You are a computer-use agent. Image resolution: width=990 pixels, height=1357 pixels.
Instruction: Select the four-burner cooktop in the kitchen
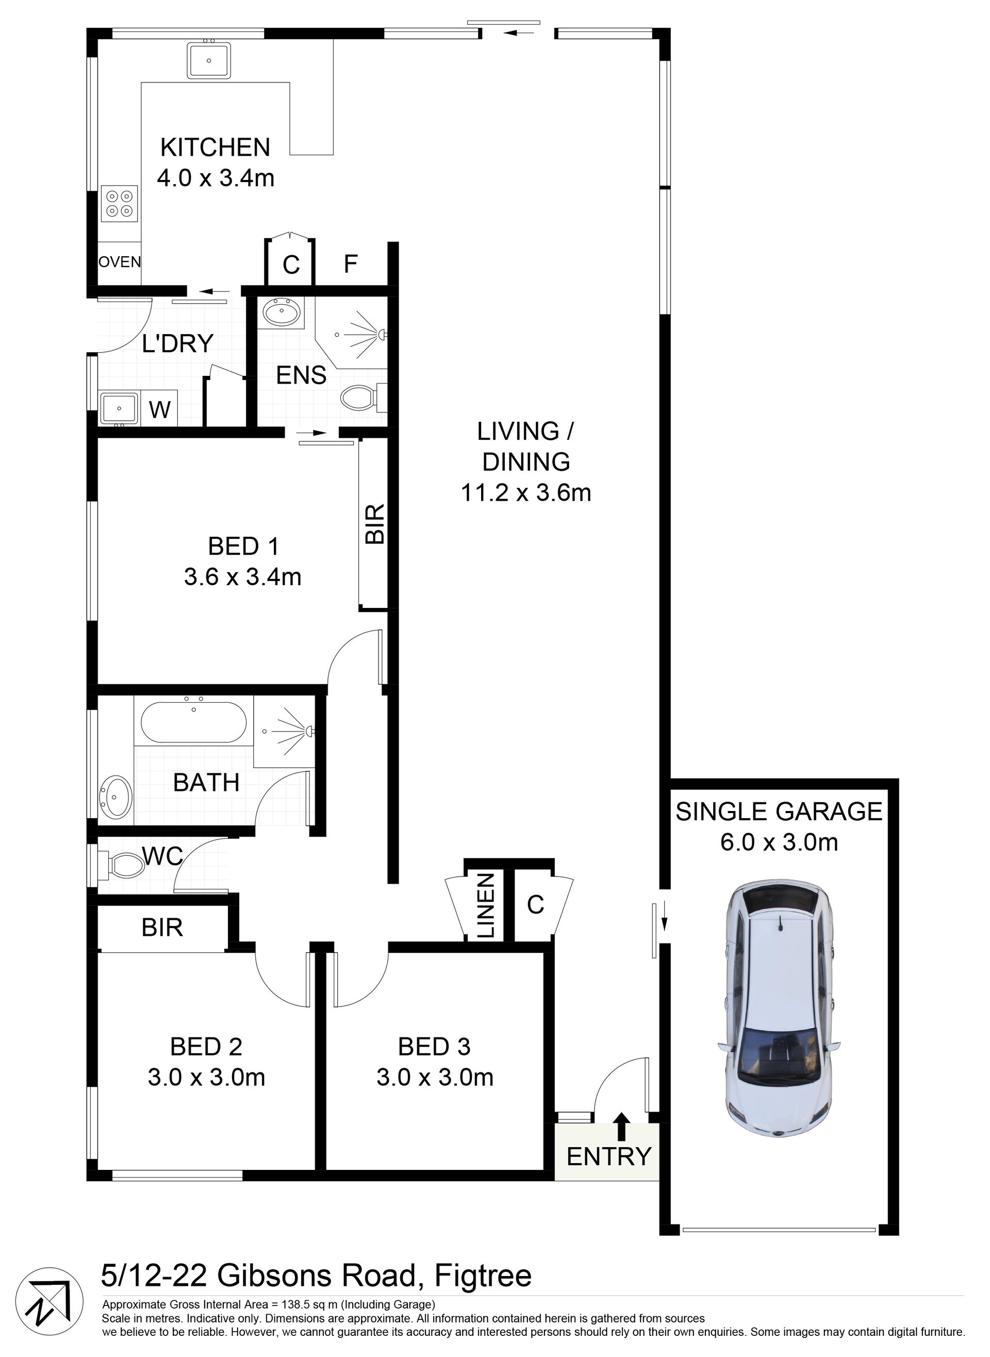[x=119, y=204]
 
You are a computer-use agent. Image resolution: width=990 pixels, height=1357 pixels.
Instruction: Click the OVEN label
[x=120, y=262]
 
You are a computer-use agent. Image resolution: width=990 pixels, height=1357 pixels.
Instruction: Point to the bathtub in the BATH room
[x=193, y=721]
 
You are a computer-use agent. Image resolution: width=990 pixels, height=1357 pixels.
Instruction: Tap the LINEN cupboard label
[x=486, y=905]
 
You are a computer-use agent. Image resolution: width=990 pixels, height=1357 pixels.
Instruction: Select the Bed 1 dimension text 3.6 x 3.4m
[x=243, y=577]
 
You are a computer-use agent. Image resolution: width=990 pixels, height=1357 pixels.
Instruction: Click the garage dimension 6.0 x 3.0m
[x=779, y=842]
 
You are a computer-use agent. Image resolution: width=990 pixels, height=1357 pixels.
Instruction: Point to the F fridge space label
[x=351, y=263]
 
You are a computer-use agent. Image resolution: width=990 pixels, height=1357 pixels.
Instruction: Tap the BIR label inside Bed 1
[x=375, y=524]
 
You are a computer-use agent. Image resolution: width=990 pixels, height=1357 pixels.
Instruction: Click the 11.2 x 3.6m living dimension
[x=526, y=493]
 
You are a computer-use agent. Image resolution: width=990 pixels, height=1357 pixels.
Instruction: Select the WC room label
[x=163, y=857]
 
